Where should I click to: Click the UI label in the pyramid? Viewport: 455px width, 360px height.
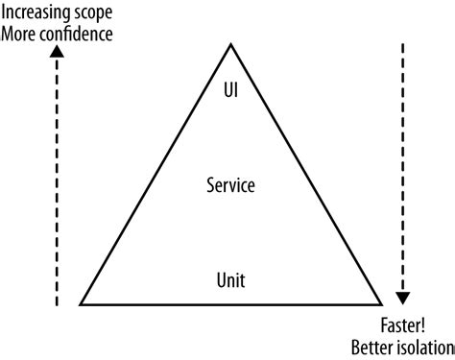click(230, 92)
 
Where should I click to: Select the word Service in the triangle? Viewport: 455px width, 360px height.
click(230, 184)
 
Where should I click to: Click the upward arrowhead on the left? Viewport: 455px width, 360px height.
click(57, 53)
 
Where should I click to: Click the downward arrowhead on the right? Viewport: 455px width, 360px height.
click(403, 296)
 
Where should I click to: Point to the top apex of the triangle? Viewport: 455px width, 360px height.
click(230, 43)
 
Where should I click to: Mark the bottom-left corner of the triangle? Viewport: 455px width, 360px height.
click(80, 304)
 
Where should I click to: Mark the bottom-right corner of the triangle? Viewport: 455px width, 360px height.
click(381, 304)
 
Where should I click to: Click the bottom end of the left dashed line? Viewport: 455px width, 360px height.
click(57, 305)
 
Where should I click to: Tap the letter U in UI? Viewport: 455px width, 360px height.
click(227, 92)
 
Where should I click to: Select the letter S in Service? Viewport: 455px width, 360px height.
click(210, 184)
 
